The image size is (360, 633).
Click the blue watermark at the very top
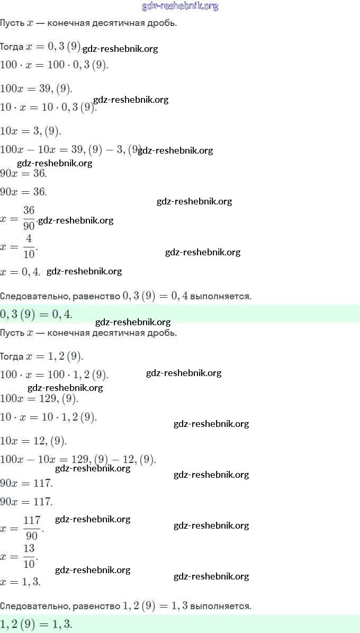(180, 6)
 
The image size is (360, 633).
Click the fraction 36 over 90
(29, 218)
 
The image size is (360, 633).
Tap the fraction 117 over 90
(32, 527)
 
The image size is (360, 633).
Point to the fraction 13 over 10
(29, 556)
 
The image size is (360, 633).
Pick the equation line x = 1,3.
(21, 581)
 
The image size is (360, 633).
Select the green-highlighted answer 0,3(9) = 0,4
(36, 315)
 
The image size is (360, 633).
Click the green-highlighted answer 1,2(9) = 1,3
(36, 624)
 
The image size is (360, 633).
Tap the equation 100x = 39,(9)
(36, 88)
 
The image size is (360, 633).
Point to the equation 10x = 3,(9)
(31, 131)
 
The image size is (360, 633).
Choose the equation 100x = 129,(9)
(39, 398)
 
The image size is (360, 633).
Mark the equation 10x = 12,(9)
(34, 440)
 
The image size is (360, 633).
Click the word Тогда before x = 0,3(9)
(12, 47)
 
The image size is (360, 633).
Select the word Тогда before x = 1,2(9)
(12, 356)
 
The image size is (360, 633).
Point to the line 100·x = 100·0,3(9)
(55, 65)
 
